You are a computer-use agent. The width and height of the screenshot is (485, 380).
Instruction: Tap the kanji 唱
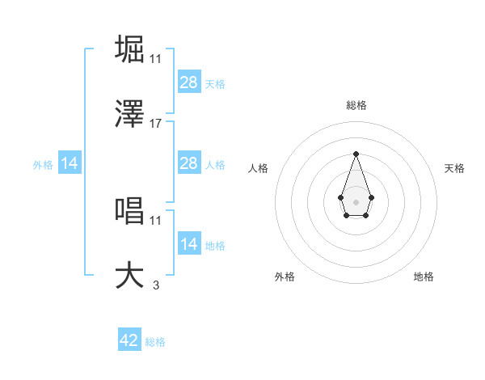pos(130,210)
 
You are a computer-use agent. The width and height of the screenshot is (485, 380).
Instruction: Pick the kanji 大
pos(130,275)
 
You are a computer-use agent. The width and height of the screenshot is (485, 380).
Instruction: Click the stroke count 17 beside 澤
pos(156,124)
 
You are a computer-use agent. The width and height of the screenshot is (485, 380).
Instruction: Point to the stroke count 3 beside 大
pos(156,285)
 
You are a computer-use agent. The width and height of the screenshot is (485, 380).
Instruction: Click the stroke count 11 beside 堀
pos(156,58)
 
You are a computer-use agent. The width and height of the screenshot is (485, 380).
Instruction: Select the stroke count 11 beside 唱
pos(156,220)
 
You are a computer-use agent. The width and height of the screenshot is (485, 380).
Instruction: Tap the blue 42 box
pos(129,340)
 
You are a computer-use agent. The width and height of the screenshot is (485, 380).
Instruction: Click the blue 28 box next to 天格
pos(188,82)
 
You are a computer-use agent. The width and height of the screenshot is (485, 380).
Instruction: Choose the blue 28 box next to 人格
pos(188,163)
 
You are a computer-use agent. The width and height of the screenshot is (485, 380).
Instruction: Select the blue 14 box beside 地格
pos(188,244)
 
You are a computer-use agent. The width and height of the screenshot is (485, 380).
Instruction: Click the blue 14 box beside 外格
pos(70,163)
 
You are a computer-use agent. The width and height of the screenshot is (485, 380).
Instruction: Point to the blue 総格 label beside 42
pos(155,342)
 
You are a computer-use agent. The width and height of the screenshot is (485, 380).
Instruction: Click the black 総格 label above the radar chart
pos(356,105)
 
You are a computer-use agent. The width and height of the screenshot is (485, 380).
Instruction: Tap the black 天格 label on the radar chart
pos(454,168)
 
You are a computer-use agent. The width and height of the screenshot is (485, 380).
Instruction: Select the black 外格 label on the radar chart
pos(285,277)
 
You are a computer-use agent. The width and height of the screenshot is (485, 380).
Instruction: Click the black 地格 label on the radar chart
pos(424,277)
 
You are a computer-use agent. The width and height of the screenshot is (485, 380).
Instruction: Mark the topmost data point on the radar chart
pos(356,154)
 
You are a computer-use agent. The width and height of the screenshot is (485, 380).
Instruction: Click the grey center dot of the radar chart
pos(356,201)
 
